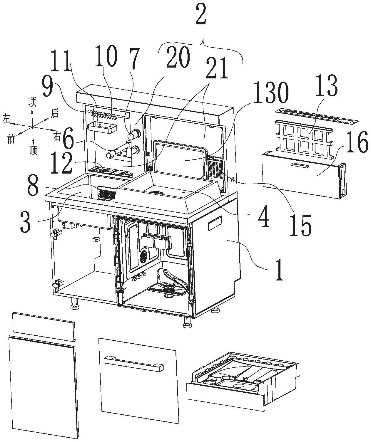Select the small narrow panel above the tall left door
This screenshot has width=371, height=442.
click(x=44, y=326)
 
